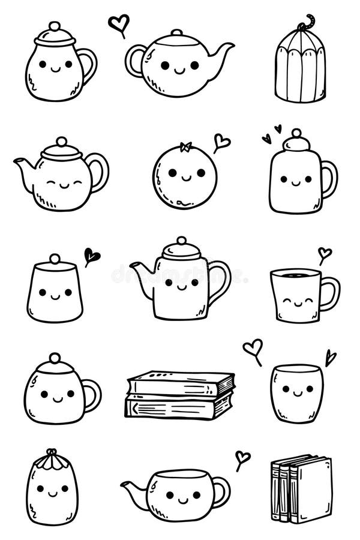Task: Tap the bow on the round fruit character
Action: [185, 146]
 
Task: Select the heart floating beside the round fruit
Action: [221, 142]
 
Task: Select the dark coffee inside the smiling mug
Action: [295, 275]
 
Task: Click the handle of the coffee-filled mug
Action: [330, 293]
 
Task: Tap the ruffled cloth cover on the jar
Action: [52, 461]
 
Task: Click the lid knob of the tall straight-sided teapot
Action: [181, 241]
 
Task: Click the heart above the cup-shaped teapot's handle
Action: [242, 458]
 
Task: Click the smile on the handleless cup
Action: [296, 397]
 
